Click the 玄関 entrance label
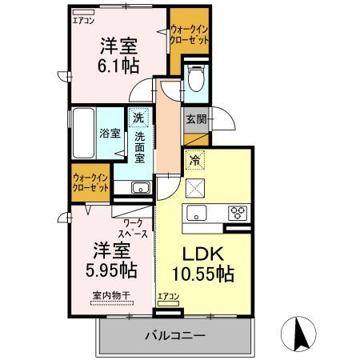[x=196, y=120]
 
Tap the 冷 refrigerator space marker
[x=194, y=160]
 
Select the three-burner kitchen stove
[x=238, y=213]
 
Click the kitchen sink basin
[x=197, y=213]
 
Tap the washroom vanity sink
[x=139, y=188]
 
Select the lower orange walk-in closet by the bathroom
[x=90, y=182]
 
